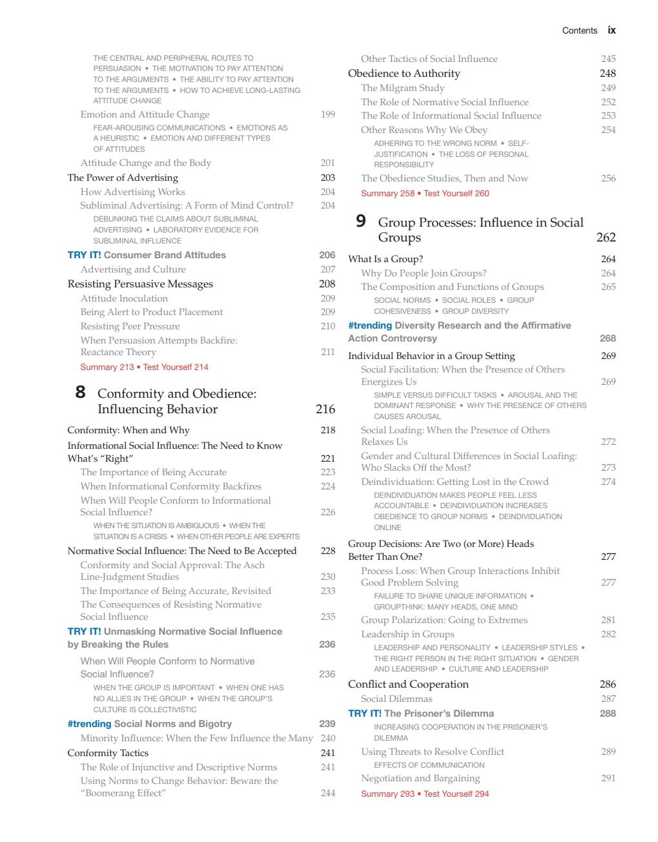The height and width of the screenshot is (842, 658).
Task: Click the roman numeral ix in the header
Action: [612, 30]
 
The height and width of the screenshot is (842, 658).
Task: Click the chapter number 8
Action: [80, 392]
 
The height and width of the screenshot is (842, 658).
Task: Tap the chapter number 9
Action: [361, 221]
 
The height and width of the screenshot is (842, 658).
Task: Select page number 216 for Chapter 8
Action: [325, 409]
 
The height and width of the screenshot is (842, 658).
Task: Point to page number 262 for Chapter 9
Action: [606, 238]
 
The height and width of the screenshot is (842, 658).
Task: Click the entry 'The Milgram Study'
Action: [402, 88]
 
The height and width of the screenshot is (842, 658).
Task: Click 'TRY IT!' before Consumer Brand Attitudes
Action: [84, 255]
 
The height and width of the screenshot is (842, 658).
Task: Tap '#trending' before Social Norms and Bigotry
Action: [89, 724]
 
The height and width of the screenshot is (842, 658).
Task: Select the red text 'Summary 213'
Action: [107, 367]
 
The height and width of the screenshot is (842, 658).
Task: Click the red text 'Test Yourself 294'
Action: [456, 794]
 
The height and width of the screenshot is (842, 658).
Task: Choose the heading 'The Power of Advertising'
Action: [123, 178]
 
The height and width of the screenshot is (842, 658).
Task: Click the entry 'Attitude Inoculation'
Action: [124, 298]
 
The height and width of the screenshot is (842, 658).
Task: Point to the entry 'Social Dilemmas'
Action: [396, 699]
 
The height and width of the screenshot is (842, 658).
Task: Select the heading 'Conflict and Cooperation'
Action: [408, 684]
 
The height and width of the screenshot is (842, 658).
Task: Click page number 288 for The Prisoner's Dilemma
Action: [608, 714]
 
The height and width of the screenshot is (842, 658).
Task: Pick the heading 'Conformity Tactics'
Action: [108, 753]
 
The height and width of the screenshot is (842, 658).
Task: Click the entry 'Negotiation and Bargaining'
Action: [420, 778]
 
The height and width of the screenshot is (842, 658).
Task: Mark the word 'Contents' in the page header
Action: [579, 30]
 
